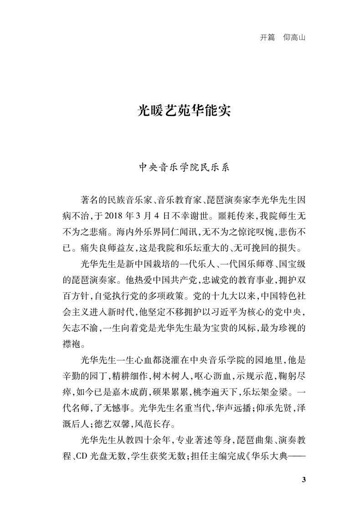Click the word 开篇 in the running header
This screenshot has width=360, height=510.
[267, 38]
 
